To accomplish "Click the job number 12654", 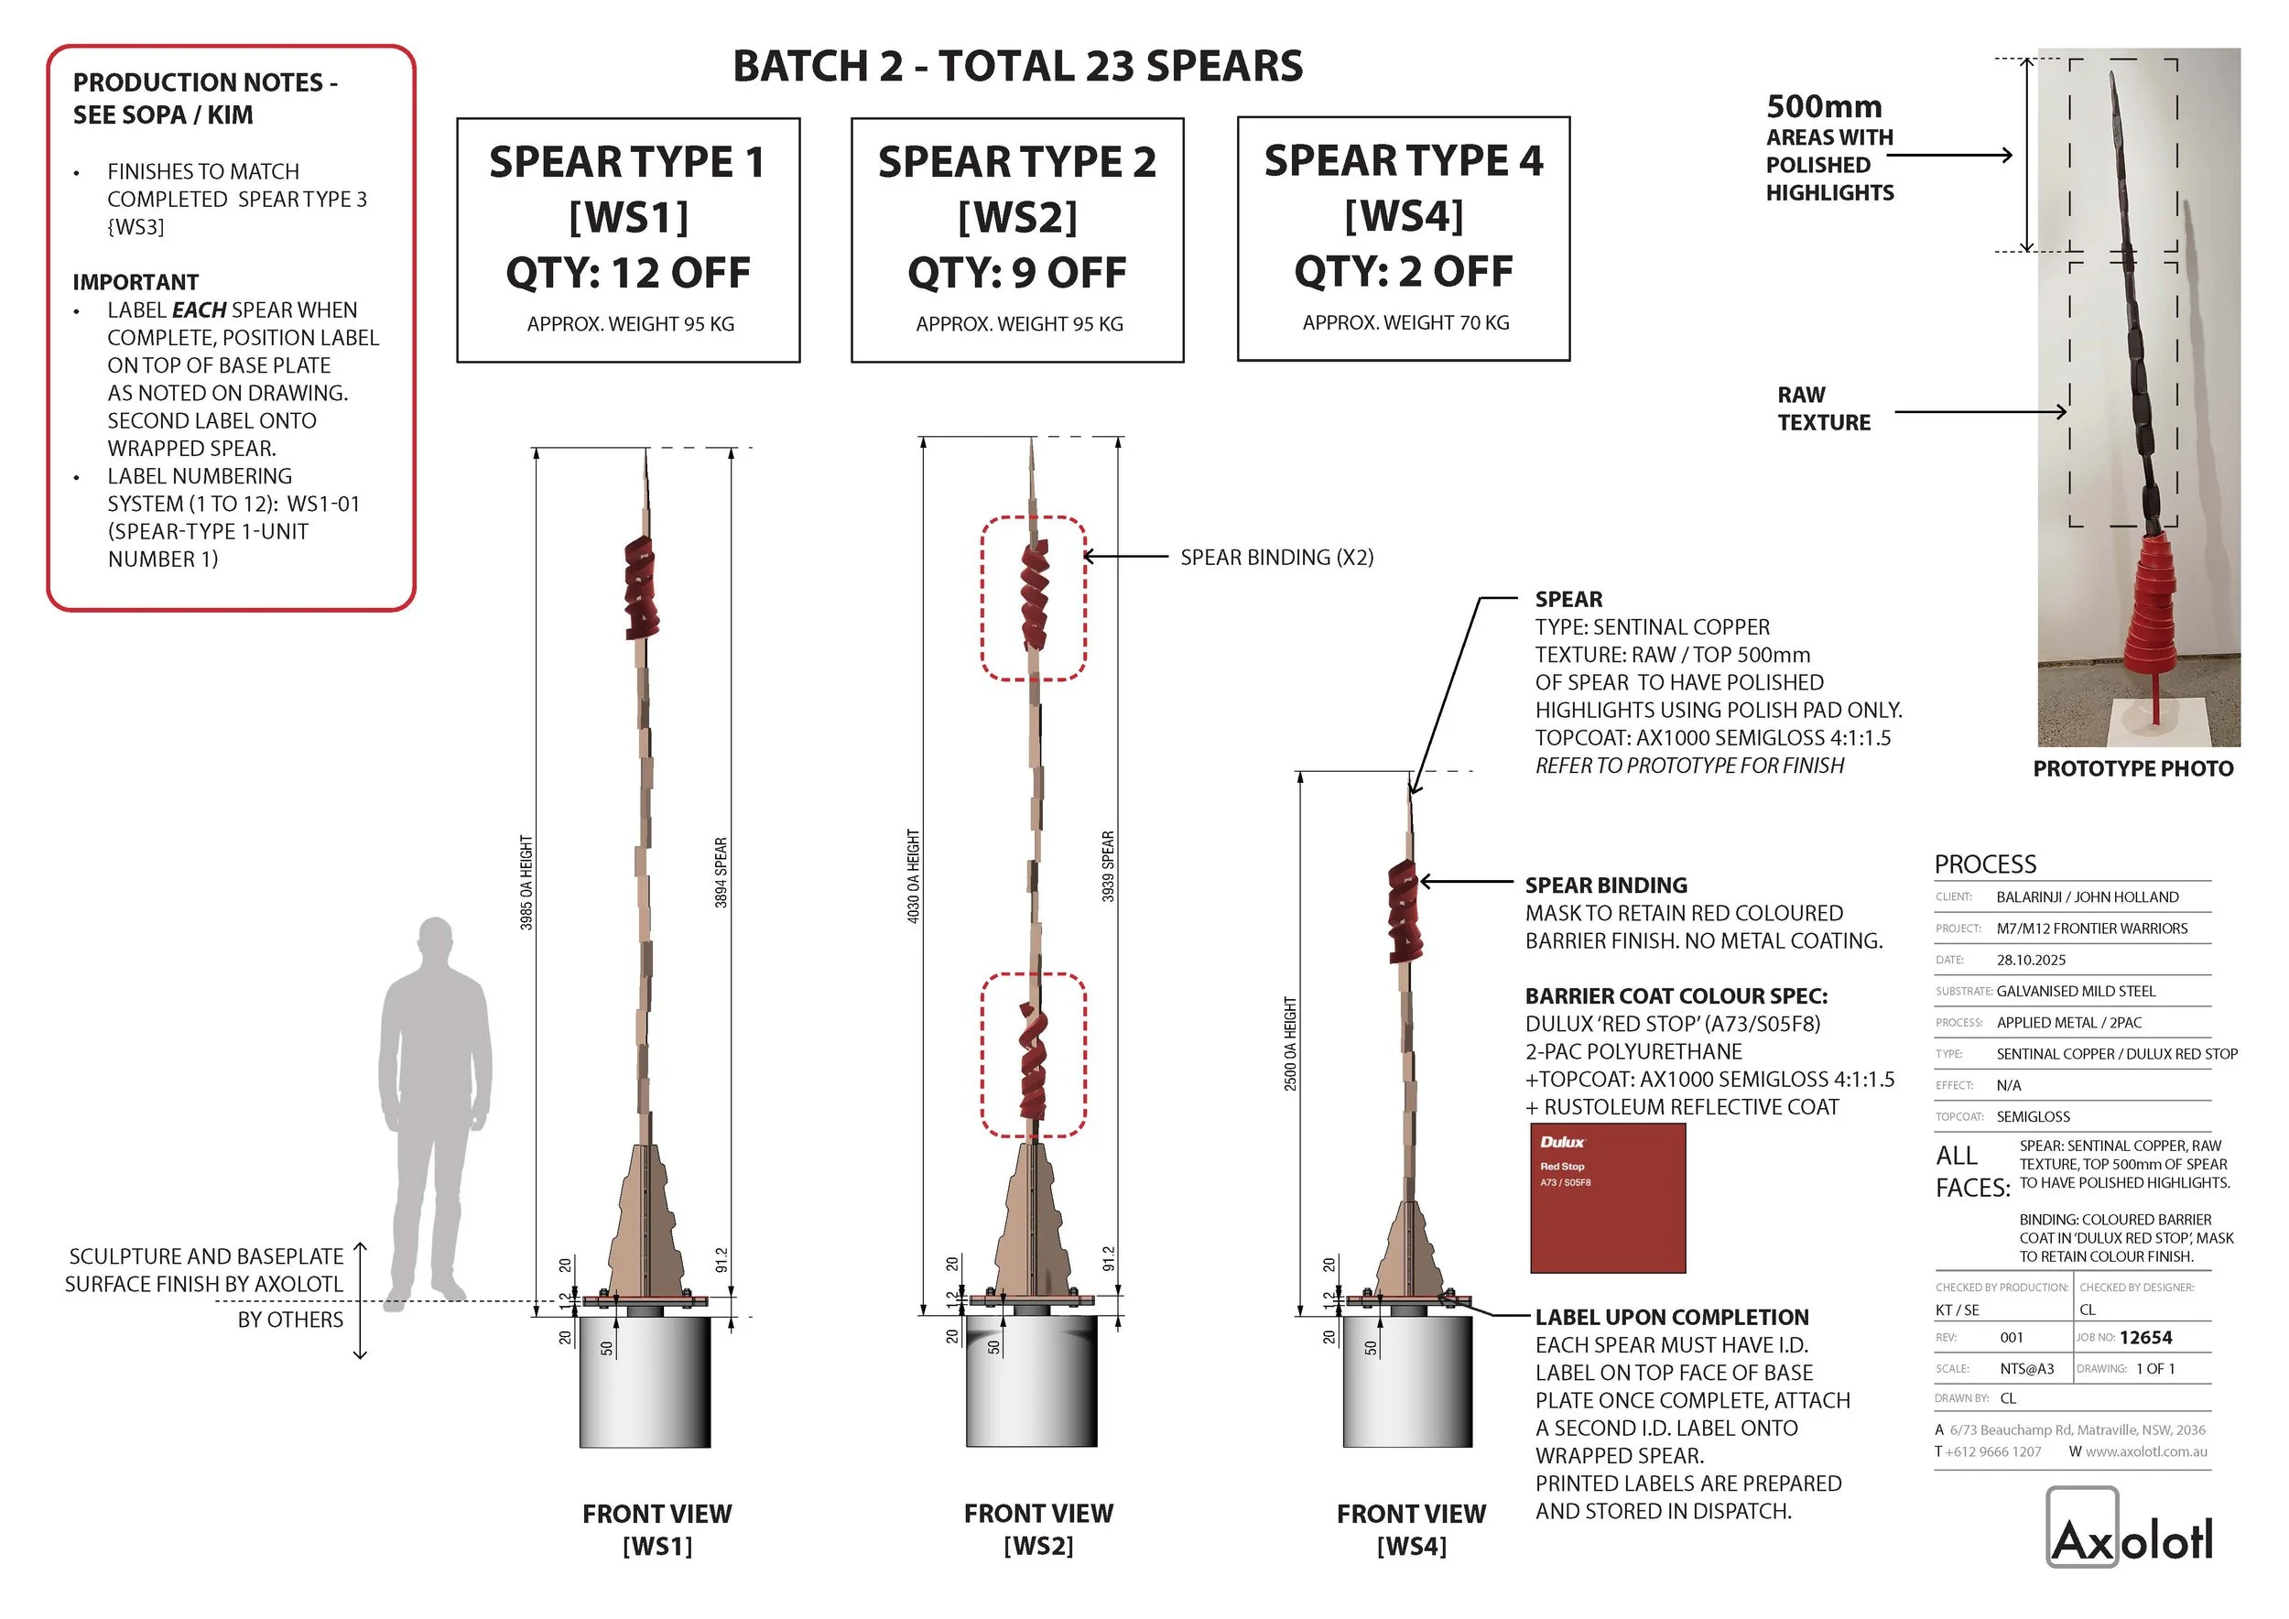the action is click(x=2145, y=1338).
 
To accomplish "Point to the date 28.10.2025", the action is click(x=2031, y=960).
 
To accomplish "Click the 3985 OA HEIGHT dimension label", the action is click(x=526, y=884).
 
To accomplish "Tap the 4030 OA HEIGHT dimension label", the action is click(x=913, y=876).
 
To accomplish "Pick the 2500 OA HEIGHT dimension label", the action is click(x=1290, y=1044).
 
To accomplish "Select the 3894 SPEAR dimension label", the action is click(x=721, y=873).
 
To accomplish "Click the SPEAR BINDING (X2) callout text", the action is click(x=1276, y=558).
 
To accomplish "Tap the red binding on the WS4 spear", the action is click(x=1405, y=909).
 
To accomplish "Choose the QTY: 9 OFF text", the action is click(x=1017, y=272).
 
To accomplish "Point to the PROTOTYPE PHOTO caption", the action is click(x=2132, y=768).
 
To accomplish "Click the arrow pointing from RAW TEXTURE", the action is click(x=1979, y=411).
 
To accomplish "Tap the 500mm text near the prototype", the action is click(x=1824, y=106).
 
